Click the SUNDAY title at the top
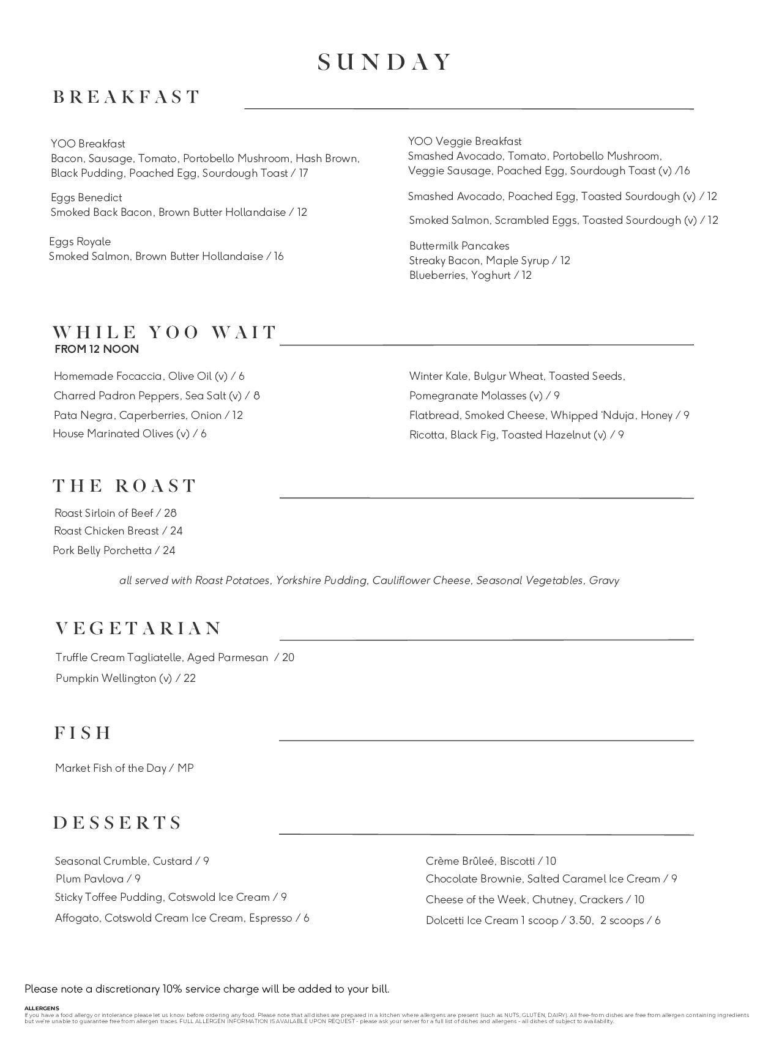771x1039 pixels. pyautogui.click(x=385, y=62)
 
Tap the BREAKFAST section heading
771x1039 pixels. pyautogui.click(x=127, y=97)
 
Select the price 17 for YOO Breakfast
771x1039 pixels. pyautogui.click(x=304, y=173)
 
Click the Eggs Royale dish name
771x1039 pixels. pyautogui.click(x=80, y=242)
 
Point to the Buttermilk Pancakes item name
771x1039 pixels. pyautogui.click(x=459, y=246)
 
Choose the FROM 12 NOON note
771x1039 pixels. pyautogui.click(x=97, y=349)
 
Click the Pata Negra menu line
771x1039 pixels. pyautogui.click(x=148, y=415)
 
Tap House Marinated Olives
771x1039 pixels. pyautogui.click(x=129, y=434)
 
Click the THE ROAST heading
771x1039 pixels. pyautogui.click(x=125, y=486)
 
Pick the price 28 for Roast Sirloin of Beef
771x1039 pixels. pyautogui.click(x=170, y=513)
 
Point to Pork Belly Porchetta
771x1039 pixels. pyautogui.click(x=102, y=550)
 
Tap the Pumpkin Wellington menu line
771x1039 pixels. pyautogui.click(x=125, y=678)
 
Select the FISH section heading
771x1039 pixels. pyautogui.click(x=83, y=733)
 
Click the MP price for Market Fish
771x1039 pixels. pyautogui.click(x=185, y=768)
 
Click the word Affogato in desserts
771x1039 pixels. pyautogui.click(x=76, y=918)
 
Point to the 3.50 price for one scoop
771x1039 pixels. pyautogui.click(x=576, y=920)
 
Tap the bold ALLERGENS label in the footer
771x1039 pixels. pyautogui.click(x=42, y=1008)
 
